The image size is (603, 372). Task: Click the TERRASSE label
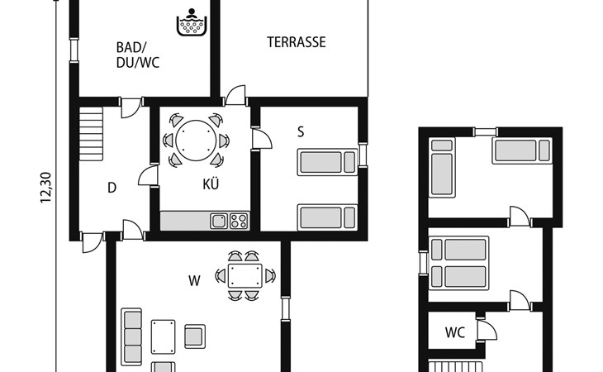click(296, 42)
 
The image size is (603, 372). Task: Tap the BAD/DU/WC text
click(138, 55)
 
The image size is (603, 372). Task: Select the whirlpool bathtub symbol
click(192, 22)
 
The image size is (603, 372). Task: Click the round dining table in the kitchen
click(196, 141)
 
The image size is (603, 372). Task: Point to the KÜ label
click(211, 184)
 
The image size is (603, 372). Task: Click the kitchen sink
click(219, 222)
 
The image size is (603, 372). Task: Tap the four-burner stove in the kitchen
click(239, 222)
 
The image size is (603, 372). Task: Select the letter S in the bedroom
click(301, 131)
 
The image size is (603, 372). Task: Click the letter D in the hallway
click(112, 188)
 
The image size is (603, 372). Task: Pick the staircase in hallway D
click(91, 133)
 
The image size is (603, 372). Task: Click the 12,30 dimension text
click(45, 188)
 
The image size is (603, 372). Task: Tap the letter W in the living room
click(194, 281)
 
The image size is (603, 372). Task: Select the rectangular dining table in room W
click(245, 276)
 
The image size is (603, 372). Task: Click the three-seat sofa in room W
click(131, 336)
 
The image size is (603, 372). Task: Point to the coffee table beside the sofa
click(163, 336)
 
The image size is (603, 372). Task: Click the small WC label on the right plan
click(455, 332)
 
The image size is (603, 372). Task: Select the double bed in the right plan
click(458, 263)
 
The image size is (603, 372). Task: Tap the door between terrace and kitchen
click(235, 95)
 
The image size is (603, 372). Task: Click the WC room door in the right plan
click(487, 330)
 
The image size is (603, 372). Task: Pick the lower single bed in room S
click(328, 217)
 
